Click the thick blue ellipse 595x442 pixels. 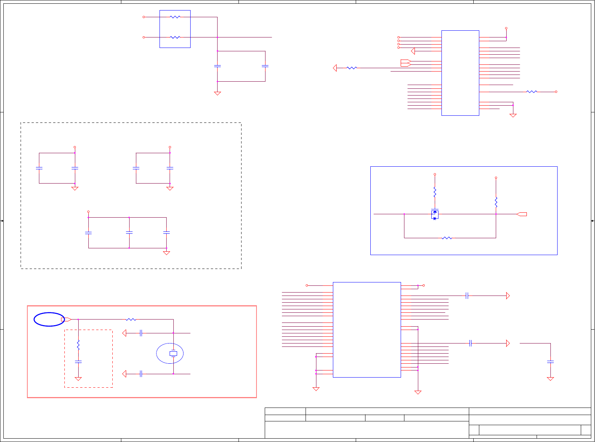[49, 319]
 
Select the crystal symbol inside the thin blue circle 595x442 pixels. [173, 353]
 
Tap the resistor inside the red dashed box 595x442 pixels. [78, 345]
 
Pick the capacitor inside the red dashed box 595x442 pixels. [78, 362]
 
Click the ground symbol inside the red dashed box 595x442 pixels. [78, 379]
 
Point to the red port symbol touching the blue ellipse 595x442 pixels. [66, 320]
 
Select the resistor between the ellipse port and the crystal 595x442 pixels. [131, 320]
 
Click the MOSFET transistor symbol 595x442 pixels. [435, 214]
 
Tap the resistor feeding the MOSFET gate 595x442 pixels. [435, 192]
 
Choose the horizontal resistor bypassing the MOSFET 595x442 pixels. [447, 238]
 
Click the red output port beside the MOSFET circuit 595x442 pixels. [522, 214]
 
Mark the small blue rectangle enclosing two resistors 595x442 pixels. [175, 29]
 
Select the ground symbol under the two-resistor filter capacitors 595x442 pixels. [217, 93]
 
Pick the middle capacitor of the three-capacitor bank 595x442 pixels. [129, 233]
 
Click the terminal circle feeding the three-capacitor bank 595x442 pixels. [88, 212]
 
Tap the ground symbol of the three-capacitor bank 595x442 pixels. [167, 253]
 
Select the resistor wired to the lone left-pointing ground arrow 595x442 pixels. [352, 68]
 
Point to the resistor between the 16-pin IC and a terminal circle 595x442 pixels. [532, 91]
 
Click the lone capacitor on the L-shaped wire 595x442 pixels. [550, 362]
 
